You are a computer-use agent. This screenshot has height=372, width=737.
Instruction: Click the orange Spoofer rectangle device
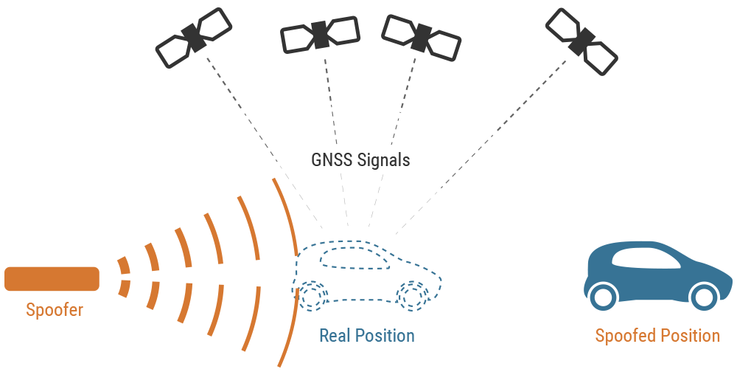coord(52,279)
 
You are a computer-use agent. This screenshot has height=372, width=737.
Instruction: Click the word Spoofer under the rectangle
coord(55,310)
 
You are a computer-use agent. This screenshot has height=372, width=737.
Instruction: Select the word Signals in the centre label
coord(383,160)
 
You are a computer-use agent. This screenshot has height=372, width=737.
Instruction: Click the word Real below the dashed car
coord(335,336)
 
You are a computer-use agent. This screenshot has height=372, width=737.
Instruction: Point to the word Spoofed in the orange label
coord(626,337)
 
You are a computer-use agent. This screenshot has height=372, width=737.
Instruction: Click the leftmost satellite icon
coord(194,38)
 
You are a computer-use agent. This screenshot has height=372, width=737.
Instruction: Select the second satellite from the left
coord(320,35)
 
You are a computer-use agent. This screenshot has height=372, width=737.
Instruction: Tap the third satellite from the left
coord(421,38)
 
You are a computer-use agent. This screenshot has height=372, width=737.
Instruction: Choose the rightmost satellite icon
coord(581,41)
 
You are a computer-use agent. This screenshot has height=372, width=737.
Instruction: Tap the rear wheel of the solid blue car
coord(603,297)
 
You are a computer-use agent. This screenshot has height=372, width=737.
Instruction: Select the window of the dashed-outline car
coord(354,258)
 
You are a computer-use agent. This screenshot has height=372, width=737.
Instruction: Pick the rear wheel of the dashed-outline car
coord(311,296)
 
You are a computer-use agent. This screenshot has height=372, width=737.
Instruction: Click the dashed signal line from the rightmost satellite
coord(481,147)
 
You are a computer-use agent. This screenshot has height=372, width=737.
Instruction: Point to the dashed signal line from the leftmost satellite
coord(264,142)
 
